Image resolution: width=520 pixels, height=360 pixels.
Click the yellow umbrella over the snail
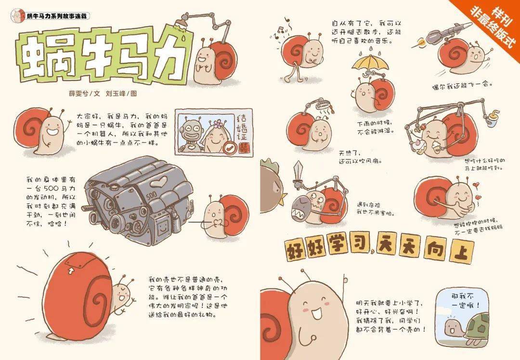coord(368,62)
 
